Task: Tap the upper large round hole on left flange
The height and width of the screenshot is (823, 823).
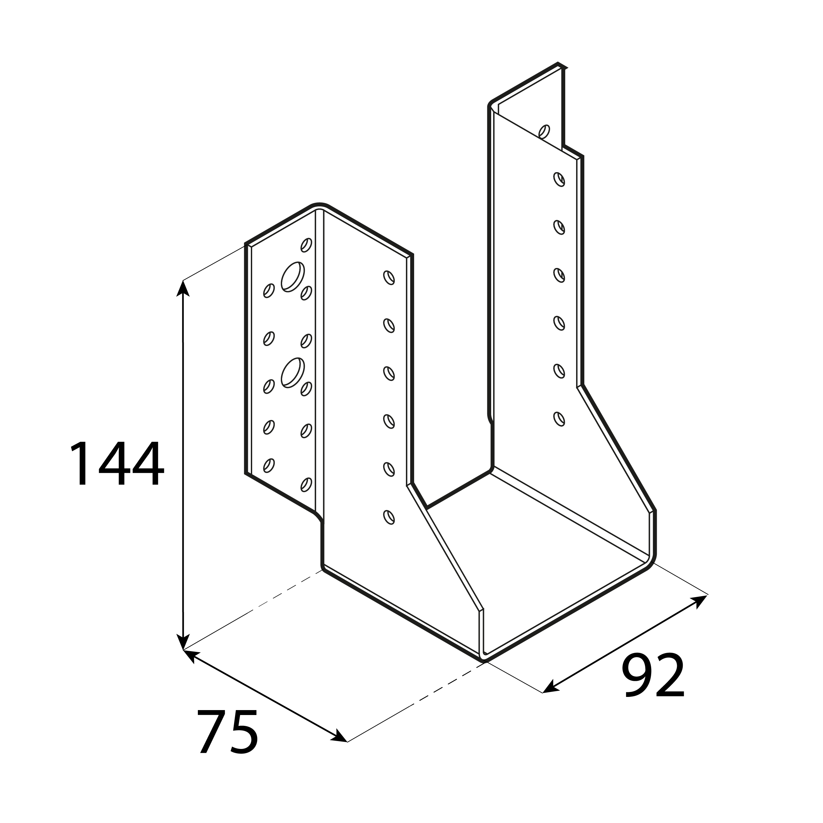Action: [293, 277]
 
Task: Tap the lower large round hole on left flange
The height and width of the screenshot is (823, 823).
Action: [293, 373]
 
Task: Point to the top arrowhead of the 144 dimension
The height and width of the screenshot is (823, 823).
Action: [183, 288]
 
